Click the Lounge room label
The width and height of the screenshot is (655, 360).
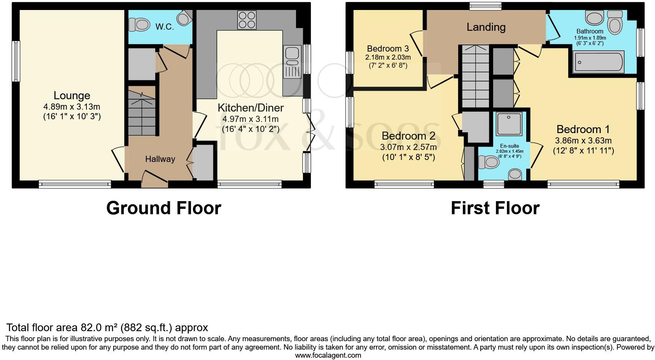(72, 95)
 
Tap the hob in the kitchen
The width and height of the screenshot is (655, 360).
(247, 20)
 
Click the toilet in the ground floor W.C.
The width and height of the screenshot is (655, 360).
(139, 25)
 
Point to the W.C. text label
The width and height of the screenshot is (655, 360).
(165, 27)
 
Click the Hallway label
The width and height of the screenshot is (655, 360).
(160, 159)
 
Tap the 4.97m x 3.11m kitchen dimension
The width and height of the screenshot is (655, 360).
(250, 119)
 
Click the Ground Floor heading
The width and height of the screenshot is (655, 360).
(164, 208)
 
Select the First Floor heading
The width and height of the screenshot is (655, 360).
(495, 208)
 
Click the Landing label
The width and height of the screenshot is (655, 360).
(486, 27)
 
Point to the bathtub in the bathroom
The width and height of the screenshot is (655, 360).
(598, 62)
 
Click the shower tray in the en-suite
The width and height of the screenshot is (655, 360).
(509, 124)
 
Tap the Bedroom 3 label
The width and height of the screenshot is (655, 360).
(388, 49)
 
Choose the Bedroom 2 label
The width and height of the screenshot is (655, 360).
(408, 136)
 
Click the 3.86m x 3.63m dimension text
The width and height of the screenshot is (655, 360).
(583, 141)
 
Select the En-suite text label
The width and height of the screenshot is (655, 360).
(509, 146)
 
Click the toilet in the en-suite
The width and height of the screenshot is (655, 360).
(489, 162)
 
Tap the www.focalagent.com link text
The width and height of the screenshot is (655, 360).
(328, 355)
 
